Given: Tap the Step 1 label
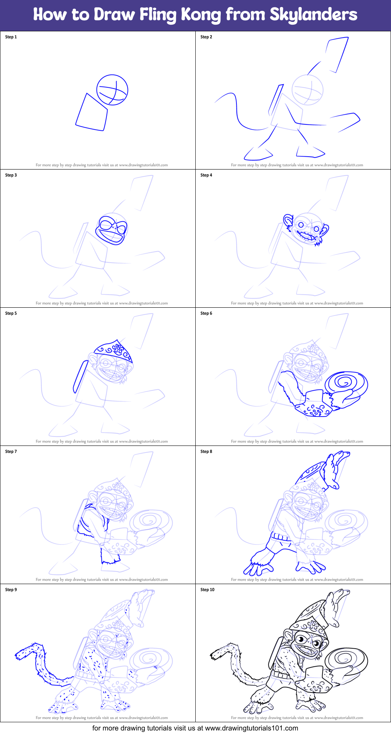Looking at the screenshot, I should point(11,37).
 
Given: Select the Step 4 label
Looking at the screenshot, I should point(206,175).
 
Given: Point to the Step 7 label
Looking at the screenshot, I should point(11,451).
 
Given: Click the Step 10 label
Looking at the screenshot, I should point(207,590).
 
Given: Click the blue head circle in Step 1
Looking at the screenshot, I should point(112,90).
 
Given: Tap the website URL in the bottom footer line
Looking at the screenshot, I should point(251,728).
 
